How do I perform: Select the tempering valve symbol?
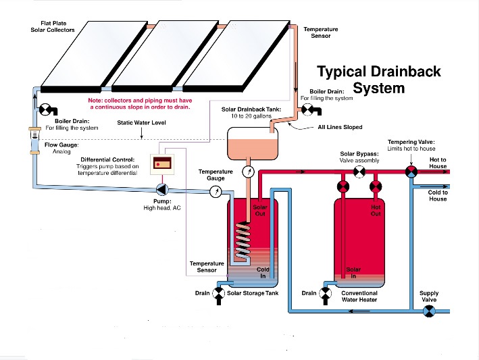click(x=411, y=173)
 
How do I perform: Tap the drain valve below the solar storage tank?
click(x=219, y=293)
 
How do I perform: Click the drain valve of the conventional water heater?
click(x=326, y=293)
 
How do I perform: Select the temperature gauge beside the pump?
click(x=215, y=191)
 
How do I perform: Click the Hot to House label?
click(x=438, y=163)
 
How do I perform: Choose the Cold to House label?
click(x=438, y=195)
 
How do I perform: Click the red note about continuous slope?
click(x=139, y=103)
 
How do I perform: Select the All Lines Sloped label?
click(x=341, y=127)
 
